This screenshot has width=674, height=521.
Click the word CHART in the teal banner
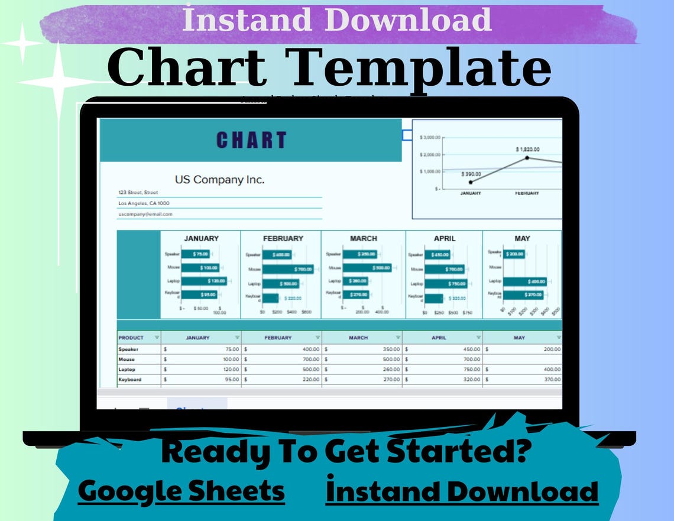click(x=251, y=140)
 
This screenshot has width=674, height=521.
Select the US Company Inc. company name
click(x=219, y=180)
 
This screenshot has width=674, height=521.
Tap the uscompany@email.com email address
click(x=145, y=214)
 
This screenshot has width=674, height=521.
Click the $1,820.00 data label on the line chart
click(x=527, y=150)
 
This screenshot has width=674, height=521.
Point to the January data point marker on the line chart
click(x=471, y=182)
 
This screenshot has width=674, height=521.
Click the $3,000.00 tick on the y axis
click(x=430, y=137)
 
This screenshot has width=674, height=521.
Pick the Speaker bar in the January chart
click(x=196, y=254)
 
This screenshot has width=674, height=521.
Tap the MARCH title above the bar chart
click(x=363, y=238)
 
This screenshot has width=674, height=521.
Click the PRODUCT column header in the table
click(x=131, y=338)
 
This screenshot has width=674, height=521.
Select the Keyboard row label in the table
click(x=131, y=379)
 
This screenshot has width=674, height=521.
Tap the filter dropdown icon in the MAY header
click(x=558, y=338)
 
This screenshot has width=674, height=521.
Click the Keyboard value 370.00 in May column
click(x=552, y=379)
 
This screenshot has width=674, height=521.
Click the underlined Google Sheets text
click(x=181, y=491)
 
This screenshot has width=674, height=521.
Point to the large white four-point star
click(x=57, y=82)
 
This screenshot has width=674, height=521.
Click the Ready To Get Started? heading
click(x=345, y=452)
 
